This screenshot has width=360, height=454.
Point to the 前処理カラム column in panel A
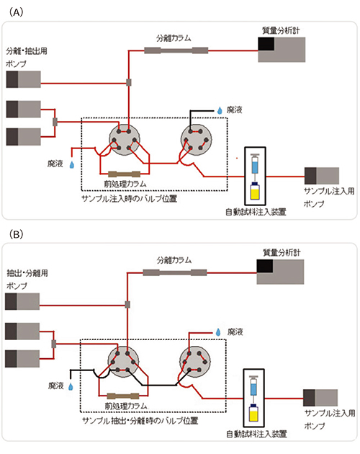[123, 174]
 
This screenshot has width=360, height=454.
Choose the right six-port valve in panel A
[195, 140]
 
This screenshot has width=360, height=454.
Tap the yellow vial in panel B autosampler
[253, 416]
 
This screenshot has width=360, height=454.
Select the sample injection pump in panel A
[322, 176]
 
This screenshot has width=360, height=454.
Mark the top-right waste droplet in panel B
[219, 331]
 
